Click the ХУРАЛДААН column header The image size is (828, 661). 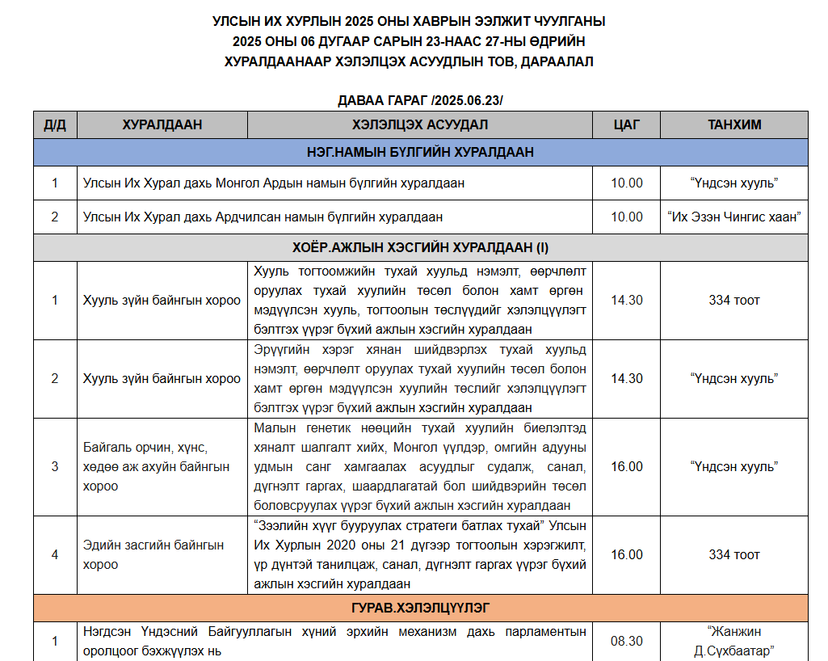point(162,125)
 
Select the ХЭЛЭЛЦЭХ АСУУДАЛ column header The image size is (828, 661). point(420,125)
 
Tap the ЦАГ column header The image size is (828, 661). point(627,125)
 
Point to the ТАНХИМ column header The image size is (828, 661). point(734,125)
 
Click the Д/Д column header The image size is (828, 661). point(55,125)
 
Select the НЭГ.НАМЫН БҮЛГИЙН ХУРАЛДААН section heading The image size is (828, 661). point(420,152)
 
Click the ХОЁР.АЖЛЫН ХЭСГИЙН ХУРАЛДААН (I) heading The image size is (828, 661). point(420,247)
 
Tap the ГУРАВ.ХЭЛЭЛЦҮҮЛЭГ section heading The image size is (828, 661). point(420,607)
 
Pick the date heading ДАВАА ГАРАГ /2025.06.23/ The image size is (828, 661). point(420,100)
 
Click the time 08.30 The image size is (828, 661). point(627,641)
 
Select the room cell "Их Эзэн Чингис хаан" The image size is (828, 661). point(734,217)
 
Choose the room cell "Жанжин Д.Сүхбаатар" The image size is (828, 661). point(734,641)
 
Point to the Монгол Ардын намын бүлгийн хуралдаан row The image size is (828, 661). point(274,183)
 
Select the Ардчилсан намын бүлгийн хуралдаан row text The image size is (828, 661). point(263,217)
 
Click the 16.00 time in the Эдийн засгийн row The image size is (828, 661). point(627,554)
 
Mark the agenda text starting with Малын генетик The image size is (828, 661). point(420,466)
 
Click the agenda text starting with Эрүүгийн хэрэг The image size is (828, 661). point(420,378)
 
